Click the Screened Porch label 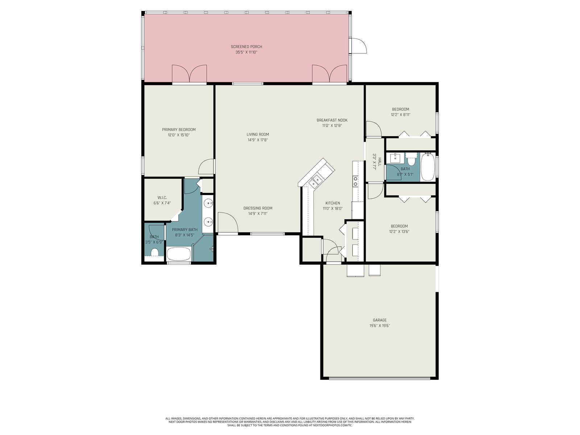pos(246,47)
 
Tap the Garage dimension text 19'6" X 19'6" pos(380,326)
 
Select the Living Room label pos(258,134)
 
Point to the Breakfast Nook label pos(332,120)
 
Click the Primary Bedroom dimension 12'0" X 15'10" pos(179,135)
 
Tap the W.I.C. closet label pos(162,198)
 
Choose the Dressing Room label pos(258,208)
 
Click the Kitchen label pos(333,203)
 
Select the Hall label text pos(380,162)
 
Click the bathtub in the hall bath pos(427,167)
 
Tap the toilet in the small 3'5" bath pos(154,252)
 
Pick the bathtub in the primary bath pos(179,254)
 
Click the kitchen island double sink pos(316,181)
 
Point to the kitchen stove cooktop pos(356,181)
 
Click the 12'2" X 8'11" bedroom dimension pos(401,115)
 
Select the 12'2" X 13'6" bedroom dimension pos(399,232)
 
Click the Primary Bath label pos(185,229)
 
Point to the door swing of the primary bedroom pos(206,166)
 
